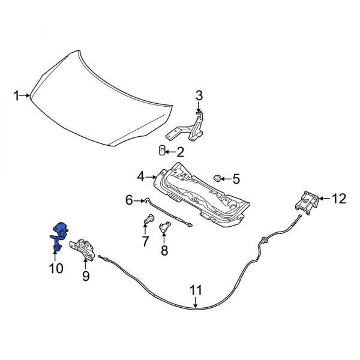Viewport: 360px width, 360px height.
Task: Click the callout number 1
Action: (18, 95)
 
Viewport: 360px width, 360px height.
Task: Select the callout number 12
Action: (339, 199)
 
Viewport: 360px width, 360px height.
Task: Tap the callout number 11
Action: (196, 291)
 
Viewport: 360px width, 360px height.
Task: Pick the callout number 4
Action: (140, 176)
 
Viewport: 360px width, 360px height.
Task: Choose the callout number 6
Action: (128, 201)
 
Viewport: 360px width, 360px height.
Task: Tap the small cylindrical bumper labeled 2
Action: (162, 149)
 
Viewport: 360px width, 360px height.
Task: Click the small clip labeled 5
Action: (218, 178)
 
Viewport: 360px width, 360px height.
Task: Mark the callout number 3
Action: (199, 95)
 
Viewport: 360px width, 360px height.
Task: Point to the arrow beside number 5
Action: (227, 178)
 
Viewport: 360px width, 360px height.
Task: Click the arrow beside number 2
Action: (171, 152)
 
